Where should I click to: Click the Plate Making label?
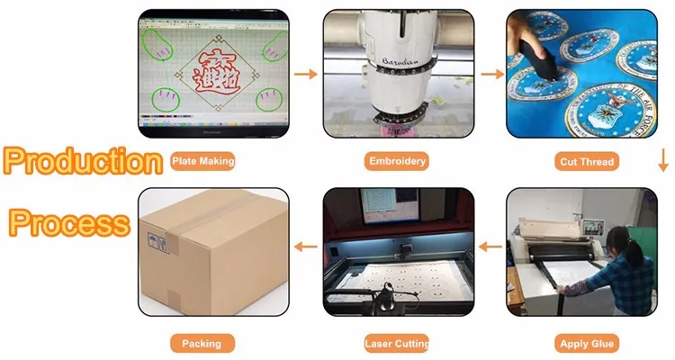click(202, 161)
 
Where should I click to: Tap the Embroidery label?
click(397, 162)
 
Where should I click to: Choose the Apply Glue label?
click(587, 343)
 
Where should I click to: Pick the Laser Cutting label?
click(397, 343)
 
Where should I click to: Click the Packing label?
click(202, 343)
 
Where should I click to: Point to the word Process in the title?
click(69, 222)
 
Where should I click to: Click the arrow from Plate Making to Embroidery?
click(306, 73)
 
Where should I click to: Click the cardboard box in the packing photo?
click(207, 247)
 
